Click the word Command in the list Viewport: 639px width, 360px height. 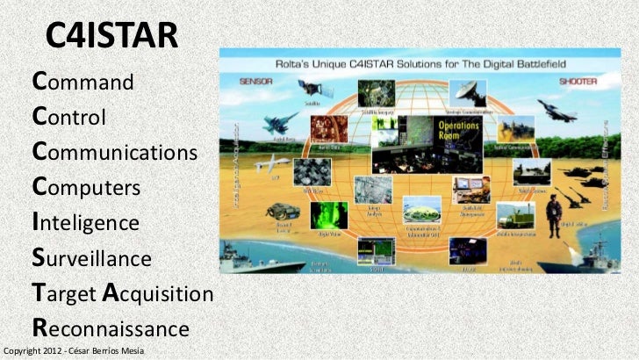83,83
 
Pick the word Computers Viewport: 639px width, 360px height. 86,187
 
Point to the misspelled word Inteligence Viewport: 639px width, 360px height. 85,222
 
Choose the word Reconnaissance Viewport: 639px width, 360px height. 111,328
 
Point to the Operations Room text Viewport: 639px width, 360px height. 456,130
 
